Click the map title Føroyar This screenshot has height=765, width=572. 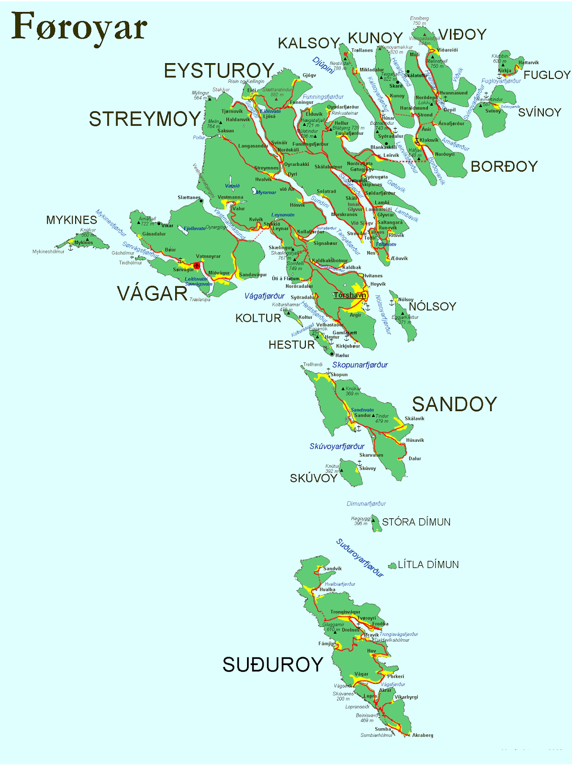[x=79, y=28]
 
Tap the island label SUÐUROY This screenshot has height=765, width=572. [x=273, y=665]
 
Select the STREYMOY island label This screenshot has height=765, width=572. [x=145, y=119]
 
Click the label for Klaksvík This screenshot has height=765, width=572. [x=429, y=140]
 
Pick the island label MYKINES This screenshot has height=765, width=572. [x=71, y=220]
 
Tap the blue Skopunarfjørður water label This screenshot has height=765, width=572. [x=360, y=365]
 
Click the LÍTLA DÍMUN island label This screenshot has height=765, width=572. [x=428, y=565]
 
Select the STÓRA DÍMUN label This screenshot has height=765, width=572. [x=416, y=522]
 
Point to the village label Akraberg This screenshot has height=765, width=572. [x=422, y=735]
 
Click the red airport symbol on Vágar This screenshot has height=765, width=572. [x=196, y=265]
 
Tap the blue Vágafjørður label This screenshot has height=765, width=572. [x=264, y=296]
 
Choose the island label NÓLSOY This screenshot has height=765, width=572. [x=432, y=306]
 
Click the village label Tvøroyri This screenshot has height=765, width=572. [x=367, y=618]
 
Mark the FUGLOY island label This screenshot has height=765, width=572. [x=547, y=75]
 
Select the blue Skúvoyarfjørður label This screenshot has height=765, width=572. [x=337, y=447]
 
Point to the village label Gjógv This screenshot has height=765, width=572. [x=309, y=75]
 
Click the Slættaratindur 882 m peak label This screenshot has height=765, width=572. [x=277, y=92]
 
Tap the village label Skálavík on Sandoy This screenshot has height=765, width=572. [x=415, y=418]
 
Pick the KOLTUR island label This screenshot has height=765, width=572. [x=258, y=318]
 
